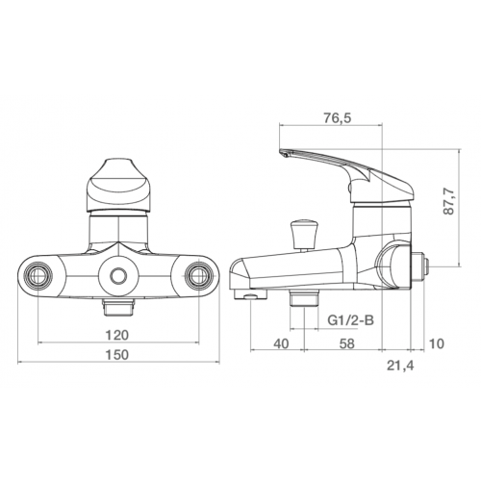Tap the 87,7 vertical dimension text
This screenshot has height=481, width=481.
449,201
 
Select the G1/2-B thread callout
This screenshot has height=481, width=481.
350,320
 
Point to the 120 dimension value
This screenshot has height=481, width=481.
117,335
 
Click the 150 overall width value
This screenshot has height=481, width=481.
117,355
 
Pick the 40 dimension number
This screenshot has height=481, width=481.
281,343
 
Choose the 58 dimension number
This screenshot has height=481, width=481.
347,343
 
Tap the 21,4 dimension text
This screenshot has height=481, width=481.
400,366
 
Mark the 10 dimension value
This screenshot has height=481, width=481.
437,343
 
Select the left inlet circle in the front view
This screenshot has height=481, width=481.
39,276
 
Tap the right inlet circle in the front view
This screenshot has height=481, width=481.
198,276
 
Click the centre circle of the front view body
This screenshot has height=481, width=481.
118,276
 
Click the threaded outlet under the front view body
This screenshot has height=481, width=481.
118,307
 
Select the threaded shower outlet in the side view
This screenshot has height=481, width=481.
304,298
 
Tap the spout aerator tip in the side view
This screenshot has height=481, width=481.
251,295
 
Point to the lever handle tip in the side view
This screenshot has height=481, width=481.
284,153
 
